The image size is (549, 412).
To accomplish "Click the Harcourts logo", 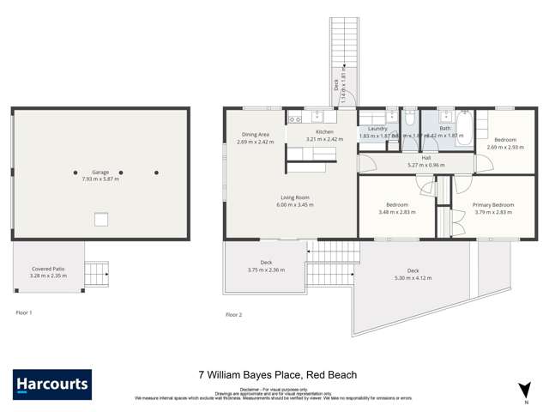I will (51, 384).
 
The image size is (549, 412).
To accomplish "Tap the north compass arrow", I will (524, 391).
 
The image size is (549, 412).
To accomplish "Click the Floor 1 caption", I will (24, 313).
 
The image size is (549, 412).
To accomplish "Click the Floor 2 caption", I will (233, 315).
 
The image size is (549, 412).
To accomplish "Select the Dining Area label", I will (256, 134).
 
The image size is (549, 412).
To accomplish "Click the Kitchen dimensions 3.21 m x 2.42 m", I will (324, 139).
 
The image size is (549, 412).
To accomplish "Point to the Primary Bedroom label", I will (493, 204).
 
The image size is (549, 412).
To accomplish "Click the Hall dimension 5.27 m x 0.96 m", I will (425, 165).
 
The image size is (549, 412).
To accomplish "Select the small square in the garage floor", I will (101, 218).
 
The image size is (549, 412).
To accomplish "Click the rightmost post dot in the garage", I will (156, 173).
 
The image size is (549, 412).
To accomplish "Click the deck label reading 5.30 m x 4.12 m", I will (414, 277).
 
